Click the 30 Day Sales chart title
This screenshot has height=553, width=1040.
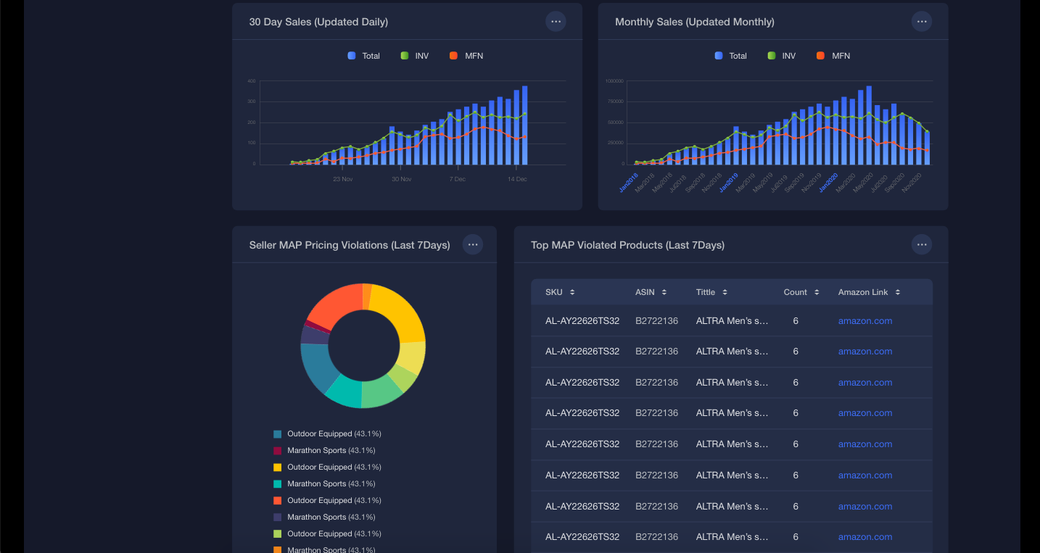[x=318, y=22]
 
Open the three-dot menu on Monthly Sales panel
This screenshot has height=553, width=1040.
[x=921, y=22]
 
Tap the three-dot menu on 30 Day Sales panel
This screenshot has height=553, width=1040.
[x=556, y=22]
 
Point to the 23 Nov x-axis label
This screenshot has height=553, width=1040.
[x=342, y=179]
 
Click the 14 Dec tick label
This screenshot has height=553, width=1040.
[x=517, y=179]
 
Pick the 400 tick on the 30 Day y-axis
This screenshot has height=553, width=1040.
[x=251, y=81]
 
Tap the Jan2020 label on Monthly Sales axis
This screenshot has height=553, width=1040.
[x=829, y=182]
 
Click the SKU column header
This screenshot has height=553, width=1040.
[x=554, y=292]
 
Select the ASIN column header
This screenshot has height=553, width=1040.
[x=645, y=292]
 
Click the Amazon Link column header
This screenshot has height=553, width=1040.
[x=863, y=292]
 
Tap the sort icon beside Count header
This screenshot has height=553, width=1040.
[x=817, y=292]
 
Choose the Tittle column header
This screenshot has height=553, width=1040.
[x=706, y=292]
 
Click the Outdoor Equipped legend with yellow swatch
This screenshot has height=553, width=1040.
[x=319, y=467]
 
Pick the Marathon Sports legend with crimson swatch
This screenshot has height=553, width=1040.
[x=316, y=451]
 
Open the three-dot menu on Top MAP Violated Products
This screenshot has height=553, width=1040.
[x=921, y=245]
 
